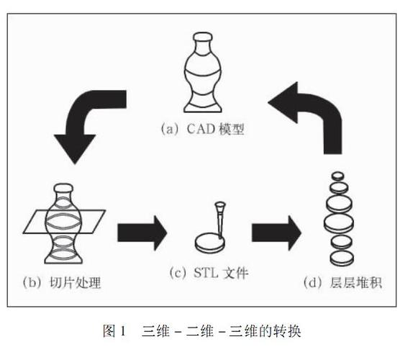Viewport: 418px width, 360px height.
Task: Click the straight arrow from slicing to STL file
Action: pyautogui.click(x=142, y=231)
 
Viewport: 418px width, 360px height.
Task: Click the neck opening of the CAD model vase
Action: pyautogui.click(x=204, y=38)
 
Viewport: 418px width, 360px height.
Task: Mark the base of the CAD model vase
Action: pyautogui.click(x=205, y=107)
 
